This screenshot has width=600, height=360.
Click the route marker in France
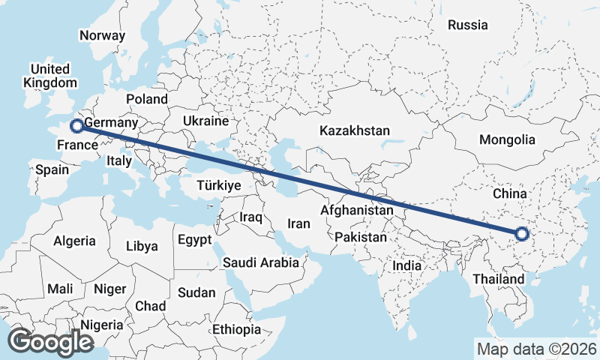[x=76, y=126]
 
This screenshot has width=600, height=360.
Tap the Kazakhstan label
[x=355, y=130]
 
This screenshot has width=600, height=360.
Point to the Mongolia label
[x=508, y=139]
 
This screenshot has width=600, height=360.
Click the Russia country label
[x=467, y=25]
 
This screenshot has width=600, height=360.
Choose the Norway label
[x=102, y=35]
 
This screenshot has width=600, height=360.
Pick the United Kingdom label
[x=50, y=76]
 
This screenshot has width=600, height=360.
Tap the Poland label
[x=147, y=99]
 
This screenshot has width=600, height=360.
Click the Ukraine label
[x=205, y=121]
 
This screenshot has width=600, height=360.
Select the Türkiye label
[x=218, y=185]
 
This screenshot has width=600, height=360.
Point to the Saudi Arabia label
[x=261, y=262]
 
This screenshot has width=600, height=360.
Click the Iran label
[x=299, y=223]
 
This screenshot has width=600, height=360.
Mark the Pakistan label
[x=361, y=237]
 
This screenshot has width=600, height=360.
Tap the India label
[x=407, y=265]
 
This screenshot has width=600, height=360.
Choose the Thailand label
[x=499, y=279]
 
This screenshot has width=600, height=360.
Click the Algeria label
[x=74, y=241]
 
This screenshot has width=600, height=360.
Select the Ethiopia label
[x=236, y=329]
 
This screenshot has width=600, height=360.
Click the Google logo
[x=50, y=342]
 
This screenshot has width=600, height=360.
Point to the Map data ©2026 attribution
[x=536, y=349]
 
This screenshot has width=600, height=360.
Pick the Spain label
[x=52, y=169]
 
